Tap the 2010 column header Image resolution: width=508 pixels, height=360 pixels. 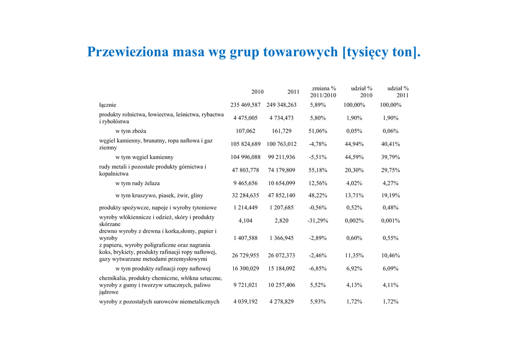pos(257,92)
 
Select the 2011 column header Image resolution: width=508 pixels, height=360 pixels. pos(294,92)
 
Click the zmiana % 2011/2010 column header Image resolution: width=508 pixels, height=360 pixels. pos(323,92)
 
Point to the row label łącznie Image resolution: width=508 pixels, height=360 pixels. pos(108,105)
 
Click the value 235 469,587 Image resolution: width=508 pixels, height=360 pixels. pos(246,105)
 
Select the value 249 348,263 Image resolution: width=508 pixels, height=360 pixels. pos(281,105)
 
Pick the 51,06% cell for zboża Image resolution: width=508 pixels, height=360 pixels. pos(318,131)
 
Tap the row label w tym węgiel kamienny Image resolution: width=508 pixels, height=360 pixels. pos(144,157)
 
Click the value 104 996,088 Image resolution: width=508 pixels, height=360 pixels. pos(246,157)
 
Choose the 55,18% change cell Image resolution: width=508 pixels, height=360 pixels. pos(318,170)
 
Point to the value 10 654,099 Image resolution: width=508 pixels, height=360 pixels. pos(282,183)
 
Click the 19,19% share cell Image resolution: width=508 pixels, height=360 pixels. pos(390,196)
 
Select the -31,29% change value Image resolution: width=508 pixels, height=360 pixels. pos(318,220)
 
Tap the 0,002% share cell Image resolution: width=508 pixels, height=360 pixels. pos(354,220)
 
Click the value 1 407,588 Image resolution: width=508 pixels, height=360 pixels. pos(246,238)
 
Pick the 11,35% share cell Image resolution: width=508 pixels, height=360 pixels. pos(354,255)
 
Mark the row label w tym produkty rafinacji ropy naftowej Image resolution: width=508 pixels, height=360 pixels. pos(163,269)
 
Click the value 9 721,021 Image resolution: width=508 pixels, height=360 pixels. pos(246,285)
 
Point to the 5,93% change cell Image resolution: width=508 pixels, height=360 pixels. pos(318,301)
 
